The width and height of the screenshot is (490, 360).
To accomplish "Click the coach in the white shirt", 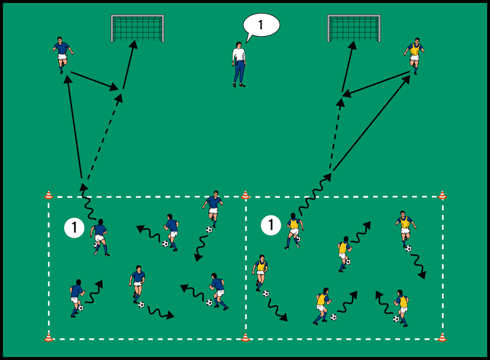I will pos(239,64).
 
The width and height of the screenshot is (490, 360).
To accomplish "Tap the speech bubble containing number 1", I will pos(261,25).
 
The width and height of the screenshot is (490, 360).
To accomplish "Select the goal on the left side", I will pos(137,28).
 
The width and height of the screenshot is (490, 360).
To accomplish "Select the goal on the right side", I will pos(354,28).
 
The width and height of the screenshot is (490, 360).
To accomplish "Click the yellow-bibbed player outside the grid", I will pos(414,56).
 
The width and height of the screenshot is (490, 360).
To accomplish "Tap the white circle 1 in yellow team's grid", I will pos(271,225).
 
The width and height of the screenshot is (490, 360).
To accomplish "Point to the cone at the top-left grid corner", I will pos(49,194).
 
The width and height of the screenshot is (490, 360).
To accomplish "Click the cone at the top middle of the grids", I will pos(245,194).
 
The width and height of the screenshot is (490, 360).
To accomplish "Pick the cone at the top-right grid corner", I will pos(442,194).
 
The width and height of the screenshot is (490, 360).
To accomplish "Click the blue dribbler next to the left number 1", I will pos(100,236).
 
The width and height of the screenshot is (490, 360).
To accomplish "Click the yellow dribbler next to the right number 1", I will pos(294,230).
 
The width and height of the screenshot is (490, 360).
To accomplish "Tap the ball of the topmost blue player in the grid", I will pos(209,229).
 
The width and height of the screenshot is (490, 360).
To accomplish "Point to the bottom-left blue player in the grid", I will pos(76,296).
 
